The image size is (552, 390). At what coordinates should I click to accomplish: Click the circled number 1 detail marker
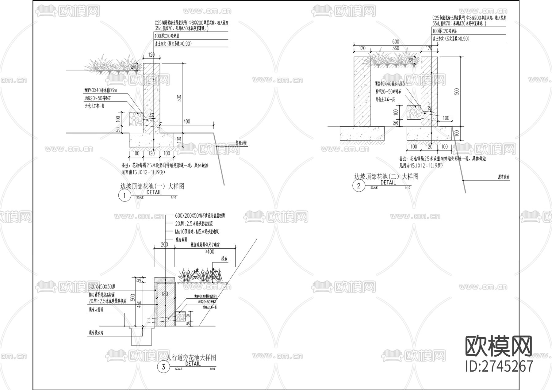[x=125, y=196]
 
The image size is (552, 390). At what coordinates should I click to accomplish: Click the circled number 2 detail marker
[x=358, y=186]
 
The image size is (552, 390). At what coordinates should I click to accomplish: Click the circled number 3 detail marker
[x=163, y=367]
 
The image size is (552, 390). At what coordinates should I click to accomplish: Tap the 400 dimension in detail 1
[x=186, y=121]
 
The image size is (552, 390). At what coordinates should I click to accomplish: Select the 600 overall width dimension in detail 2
[x=396, y=42]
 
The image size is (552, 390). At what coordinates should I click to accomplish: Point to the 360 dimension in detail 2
[x=396, y=48]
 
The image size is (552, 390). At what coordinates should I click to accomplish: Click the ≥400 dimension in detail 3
[x=209, y=252]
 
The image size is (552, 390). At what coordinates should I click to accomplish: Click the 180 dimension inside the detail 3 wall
[x=165, y=294]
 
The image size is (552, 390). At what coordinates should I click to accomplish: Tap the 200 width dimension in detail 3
[x=164, y=244]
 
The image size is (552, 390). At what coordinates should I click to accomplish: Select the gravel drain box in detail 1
[x=136, y=119]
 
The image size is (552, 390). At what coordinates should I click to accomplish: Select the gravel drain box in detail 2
[x=414, y=112]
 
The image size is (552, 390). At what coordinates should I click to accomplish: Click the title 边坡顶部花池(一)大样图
[x=152, y=186]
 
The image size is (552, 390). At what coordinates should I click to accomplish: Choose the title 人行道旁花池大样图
[x=191, y=357]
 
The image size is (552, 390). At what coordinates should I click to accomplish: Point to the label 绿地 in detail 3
[x=224, y=259]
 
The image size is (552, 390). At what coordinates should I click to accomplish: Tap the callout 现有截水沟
[x=96, y=332]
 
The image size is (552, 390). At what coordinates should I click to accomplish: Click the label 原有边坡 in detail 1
[x=241, y=143]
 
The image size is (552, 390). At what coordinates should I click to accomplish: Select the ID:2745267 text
[x=499, y=366]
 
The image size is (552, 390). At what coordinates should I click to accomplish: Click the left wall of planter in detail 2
[x=362, y=91]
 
